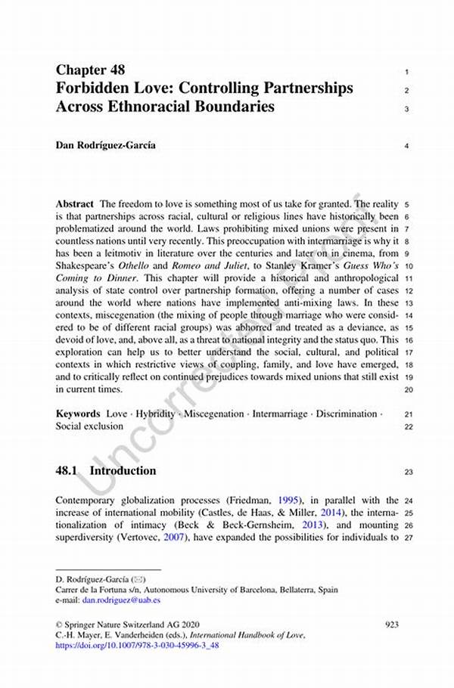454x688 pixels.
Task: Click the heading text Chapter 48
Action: (96, 70)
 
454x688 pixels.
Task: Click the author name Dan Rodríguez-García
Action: (106, 145)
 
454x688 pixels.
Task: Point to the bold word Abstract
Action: (75, 204)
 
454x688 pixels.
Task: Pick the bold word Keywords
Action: (78, 414)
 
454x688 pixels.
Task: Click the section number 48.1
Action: (68, 470)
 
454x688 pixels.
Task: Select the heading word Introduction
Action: (123, 470)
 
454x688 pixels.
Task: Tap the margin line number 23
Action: (409, 471)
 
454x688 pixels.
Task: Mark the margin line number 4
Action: (407, 146)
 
